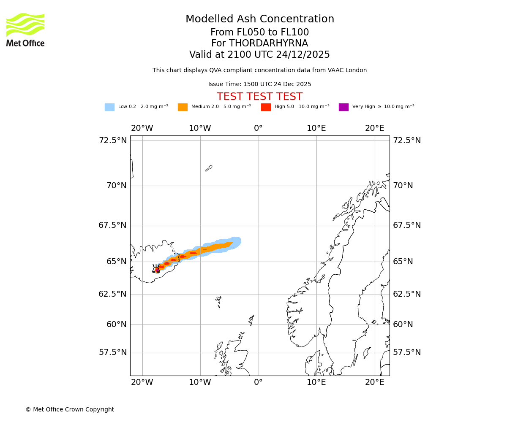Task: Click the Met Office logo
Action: pos(25,30)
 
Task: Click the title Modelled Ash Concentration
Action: pos(259,19)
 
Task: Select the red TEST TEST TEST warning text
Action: pos(259,97)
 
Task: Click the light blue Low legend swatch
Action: pos(109,107)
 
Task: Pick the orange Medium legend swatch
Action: pos(183,107)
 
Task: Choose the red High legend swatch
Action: pos(266,107)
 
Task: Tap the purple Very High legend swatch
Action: pos(343,107)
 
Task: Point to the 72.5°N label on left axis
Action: pos(112,141)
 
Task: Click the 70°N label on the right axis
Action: pos(403,186)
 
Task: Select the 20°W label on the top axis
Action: pos(142,128)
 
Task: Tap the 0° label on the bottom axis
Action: pos(258,382)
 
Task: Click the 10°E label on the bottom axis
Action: pos(316,382)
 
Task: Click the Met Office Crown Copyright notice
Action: pos(70,410)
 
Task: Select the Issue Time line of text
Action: pos(259,84)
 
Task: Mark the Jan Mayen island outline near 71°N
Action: pos(209,168)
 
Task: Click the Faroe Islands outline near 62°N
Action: pos(218,301)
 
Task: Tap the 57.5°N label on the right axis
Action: pos(407,352)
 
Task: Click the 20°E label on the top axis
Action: pos(374,128)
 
